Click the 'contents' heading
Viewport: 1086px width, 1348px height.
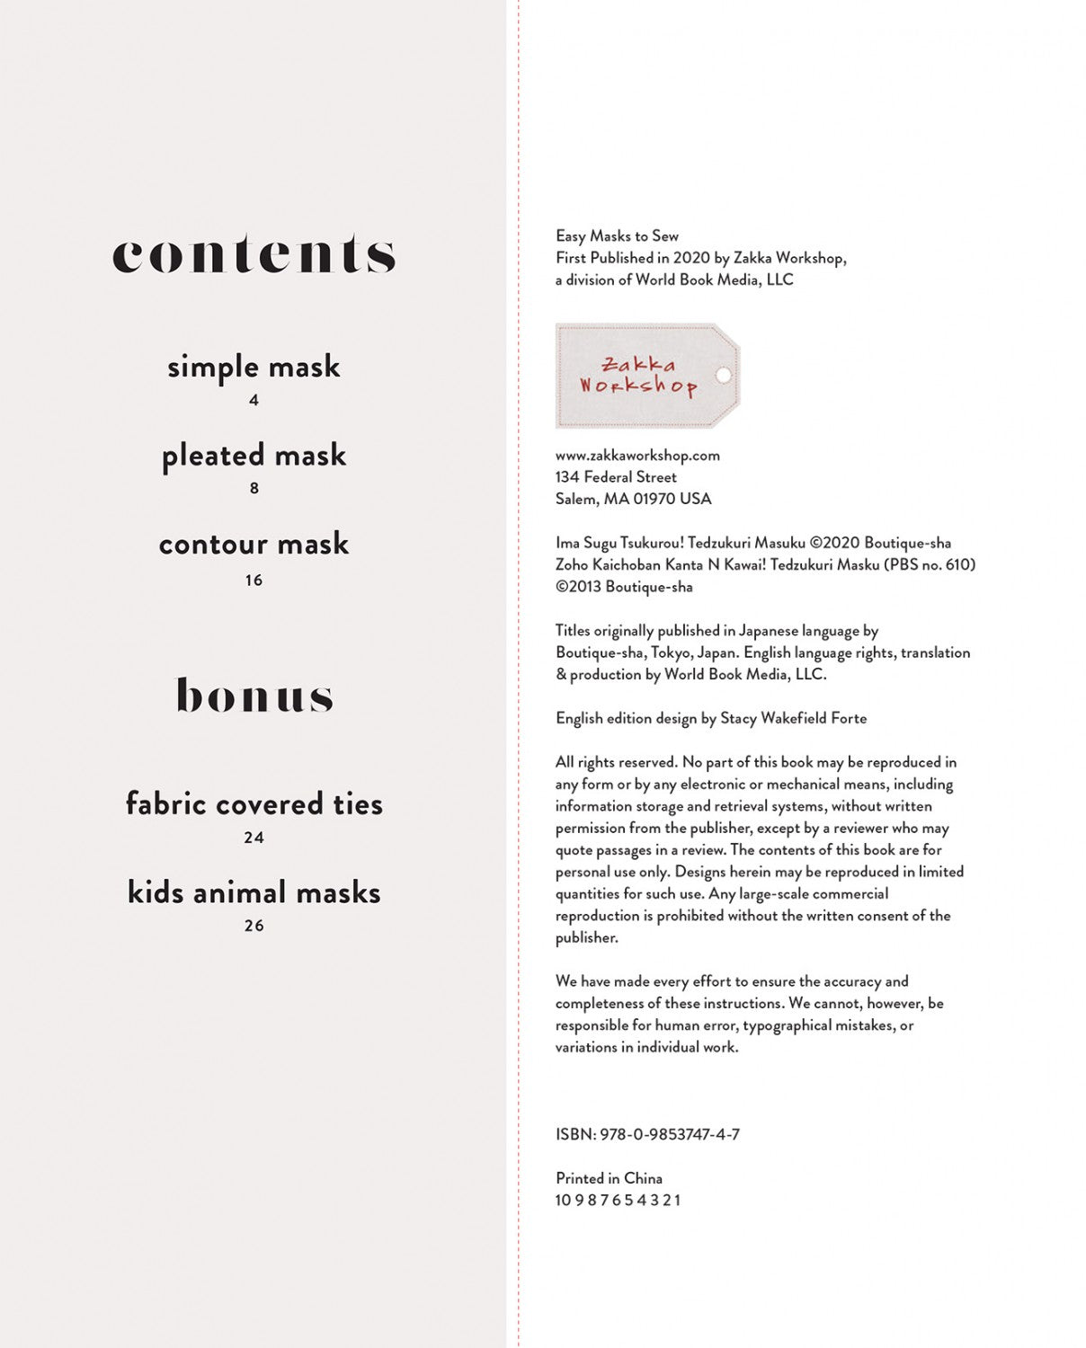coord(254,254)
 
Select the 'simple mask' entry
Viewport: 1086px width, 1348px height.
coord(254,367)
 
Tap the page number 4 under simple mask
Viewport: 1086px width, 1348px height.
coord(254,400)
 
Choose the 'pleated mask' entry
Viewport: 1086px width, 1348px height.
coord(254,456)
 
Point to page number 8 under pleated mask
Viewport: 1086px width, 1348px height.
coord(254,488)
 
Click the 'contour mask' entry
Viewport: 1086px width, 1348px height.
coord(254,544)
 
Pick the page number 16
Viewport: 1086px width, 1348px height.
coord(254,581)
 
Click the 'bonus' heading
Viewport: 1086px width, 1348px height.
coord(254,696)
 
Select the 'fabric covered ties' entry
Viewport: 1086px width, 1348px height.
coord(254,803)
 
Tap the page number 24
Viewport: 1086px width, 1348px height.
coord(254,838)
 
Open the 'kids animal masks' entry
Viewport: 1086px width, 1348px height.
coord(254,892)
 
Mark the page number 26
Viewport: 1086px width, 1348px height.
coord(254,926)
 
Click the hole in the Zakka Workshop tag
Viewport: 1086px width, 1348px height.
coord(723,375)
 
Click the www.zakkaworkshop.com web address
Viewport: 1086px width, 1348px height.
coord(637,456)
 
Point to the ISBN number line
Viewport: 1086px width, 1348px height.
coord(647,1134)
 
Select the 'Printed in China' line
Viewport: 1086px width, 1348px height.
coord(609,1178)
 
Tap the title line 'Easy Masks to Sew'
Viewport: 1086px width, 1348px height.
coord(617,236)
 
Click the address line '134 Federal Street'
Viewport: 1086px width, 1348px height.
coord(616,477)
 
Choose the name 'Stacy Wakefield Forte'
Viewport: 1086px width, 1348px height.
coord(794,718)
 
